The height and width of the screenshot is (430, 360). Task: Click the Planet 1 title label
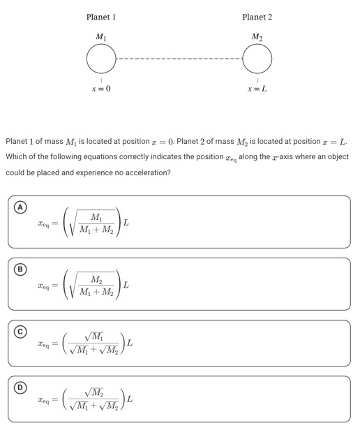(100, 16)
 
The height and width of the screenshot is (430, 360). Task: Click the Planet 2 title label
(257, 16)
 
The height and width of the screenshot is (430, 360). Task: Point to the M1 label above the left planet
(101, 36)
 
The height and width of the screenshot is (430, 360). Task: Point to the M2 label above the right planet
(257, 36)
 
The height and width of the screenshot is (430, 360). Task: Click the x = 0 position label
(100, 89)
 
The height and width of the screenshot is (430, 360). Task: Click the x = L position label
(257, 89)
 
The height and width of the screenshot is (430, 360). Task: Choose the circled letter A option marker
(22, 207)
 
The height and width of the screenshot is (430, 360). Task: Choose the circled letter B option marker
(22, 269)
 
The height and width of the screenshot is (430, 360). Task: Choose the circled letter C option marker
(22, 331)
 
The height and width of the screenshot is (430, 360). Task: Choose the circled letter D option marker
(22, 387)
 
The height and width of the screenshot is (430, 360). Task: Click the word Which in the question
(17, 156)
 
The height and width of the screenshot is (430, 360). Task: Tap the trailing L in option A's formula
(126, 223)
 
